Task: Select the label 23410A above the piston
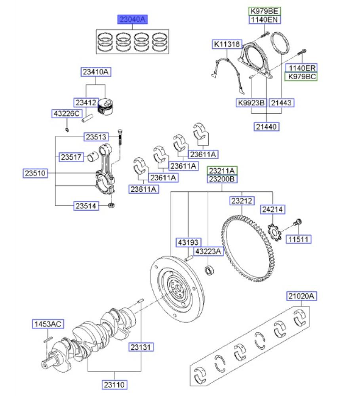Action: click(x=95, y=72)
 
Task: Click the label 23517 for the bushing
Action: click(x=71, y=157)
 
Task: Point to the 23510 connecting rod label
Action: click(x=36, y=173)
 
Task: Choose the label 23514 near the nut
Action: click(x=86, y=206)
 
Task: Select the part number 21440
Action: click(x=267, y=126)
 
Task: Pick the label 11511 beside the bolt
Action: click(x=299, y=239)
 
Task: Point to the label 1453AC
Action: click(x=47, y=324)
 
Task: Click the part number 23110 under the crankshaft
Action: click(x=115, y=384)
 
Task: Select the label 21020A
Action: click(x=302, y=296)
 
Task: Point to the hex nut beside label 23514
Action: click(x=112, y=206)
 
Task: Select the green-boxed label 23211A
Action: click(x=223, y=171)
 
